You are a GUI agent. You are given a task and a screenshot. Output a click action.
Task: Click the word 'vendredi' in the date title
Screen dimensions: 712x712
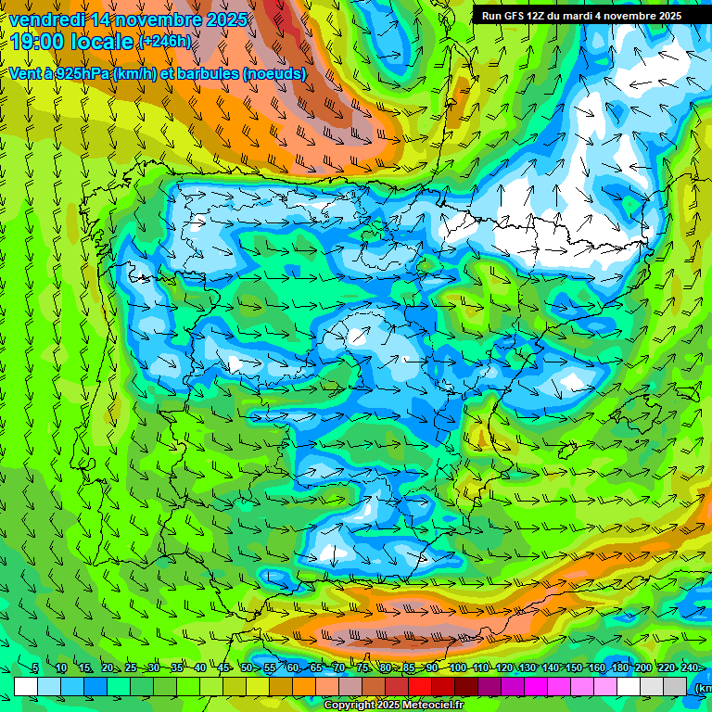pos(47,19)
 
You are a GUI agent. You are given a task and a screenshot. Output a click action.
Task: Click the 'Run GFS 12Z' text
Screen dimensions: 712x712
pos(513,16)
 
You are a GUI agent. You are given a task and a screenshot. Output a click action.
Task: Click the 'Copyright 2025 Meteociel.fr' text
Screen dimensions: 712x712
pos(394,706)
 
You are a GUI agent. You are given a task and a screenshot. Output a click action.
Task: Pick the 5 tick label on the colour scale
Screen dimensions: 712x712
pos(35,668)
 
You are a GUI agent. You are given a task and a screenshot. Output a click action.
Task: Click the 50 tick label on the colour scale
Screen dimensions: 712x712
pos(246,668)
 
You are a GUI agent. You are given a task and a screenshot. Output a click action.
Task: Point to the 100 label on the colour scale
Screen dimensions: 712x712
pos(457,668)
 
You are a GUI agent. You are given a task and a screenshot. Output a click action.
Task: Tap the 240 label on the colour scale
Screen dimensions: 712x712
pos(689,668)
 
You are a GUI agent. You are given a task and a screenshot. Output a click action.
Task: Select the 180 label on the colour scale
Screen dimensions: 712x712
pos(619,668)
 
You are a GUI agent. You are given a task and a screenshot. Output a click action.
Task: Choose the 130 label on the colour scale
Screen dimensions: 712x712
pos(527,668)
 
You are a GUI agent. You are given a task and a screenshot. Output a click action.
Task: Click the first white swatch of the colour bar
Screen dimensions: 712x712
pos(26,686)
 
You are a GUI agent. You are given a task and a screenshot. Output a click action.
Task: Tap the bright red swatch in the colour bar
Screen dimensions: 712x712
pos(420,686)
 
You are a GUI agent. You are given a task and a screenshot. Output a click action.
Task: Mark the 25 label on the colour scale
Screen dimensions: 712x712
pos(130,668)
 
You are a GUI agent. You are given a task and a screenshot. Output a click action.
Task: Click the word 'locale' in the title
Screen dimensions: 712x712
pos(99,41)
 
